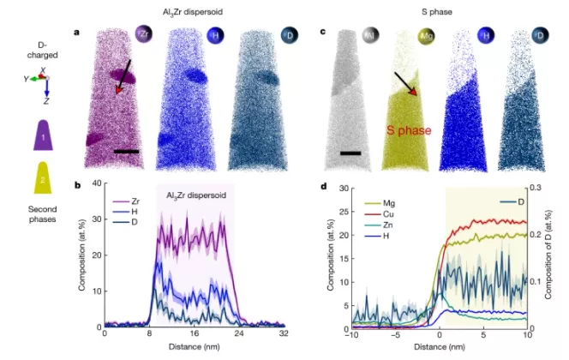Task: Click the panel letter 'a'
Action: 77,33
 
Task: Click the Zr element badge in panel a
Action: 144,35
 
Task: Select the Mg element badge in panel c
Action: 425,37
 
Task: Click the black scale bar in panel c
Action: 351,155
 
